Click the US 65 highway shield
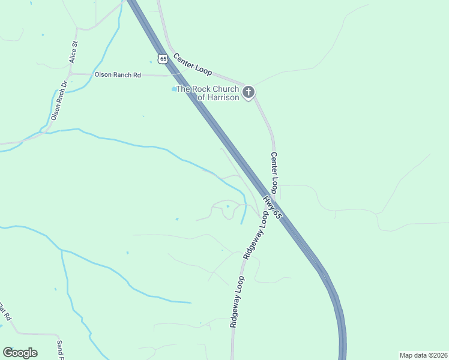click(163, 58)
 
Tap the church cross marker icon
click(249, 92)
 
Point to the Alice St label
click(74, 53)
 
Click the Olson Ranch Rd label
click(117, 75)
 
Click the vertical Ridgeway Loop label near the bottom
click(237, 302)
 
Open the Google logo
click(20, 353)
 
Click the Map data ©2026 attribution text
click(423, 355)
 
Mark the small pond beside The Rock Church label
click(174, 89)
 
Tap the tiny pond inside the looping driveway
click(228, 207)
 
